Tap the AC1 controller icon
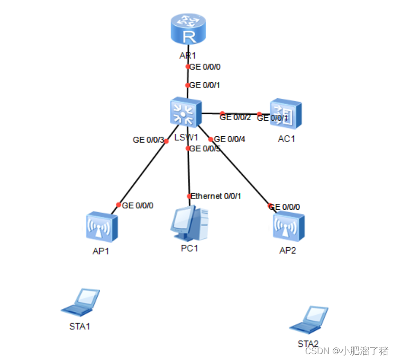point(286,114)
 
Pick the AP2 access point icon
point(288,227)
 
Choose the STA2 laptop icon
point(309,319)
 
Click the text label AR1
point(188,55)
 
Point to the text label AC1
point(287,139)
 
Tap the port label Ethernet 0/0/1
point(216,196)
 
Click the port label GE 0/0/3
point(147,140)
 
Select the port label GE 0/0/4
point(230,139)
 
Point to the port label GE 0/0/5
point(205,148)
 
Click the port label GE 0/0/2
point(235,117)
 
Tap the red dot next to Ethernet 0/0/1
point(189,197)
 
